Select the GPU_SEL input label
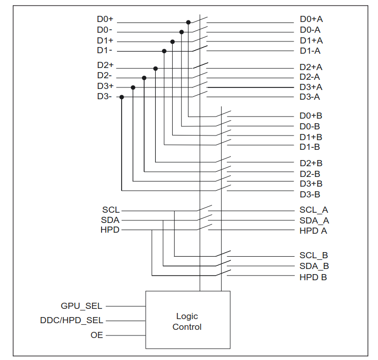81,306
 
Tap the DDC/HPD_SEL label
72,321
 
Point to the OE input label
97,335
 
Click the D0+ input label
105,19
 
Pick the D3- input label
104,96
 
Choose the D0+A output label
311,19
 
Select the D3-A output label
310,96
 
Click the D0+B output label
311,116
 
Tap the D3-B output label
310,194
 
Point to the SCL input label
111,210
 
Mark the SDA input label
110,220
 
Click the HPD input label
110,230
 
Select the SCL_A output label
314,210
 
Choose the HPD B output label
313,277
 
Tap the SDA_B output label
314,266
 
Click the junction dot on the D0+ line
188,22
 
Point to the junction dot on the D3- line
122,97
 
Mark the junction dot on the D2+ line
155,68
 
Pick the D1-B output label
310,147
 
